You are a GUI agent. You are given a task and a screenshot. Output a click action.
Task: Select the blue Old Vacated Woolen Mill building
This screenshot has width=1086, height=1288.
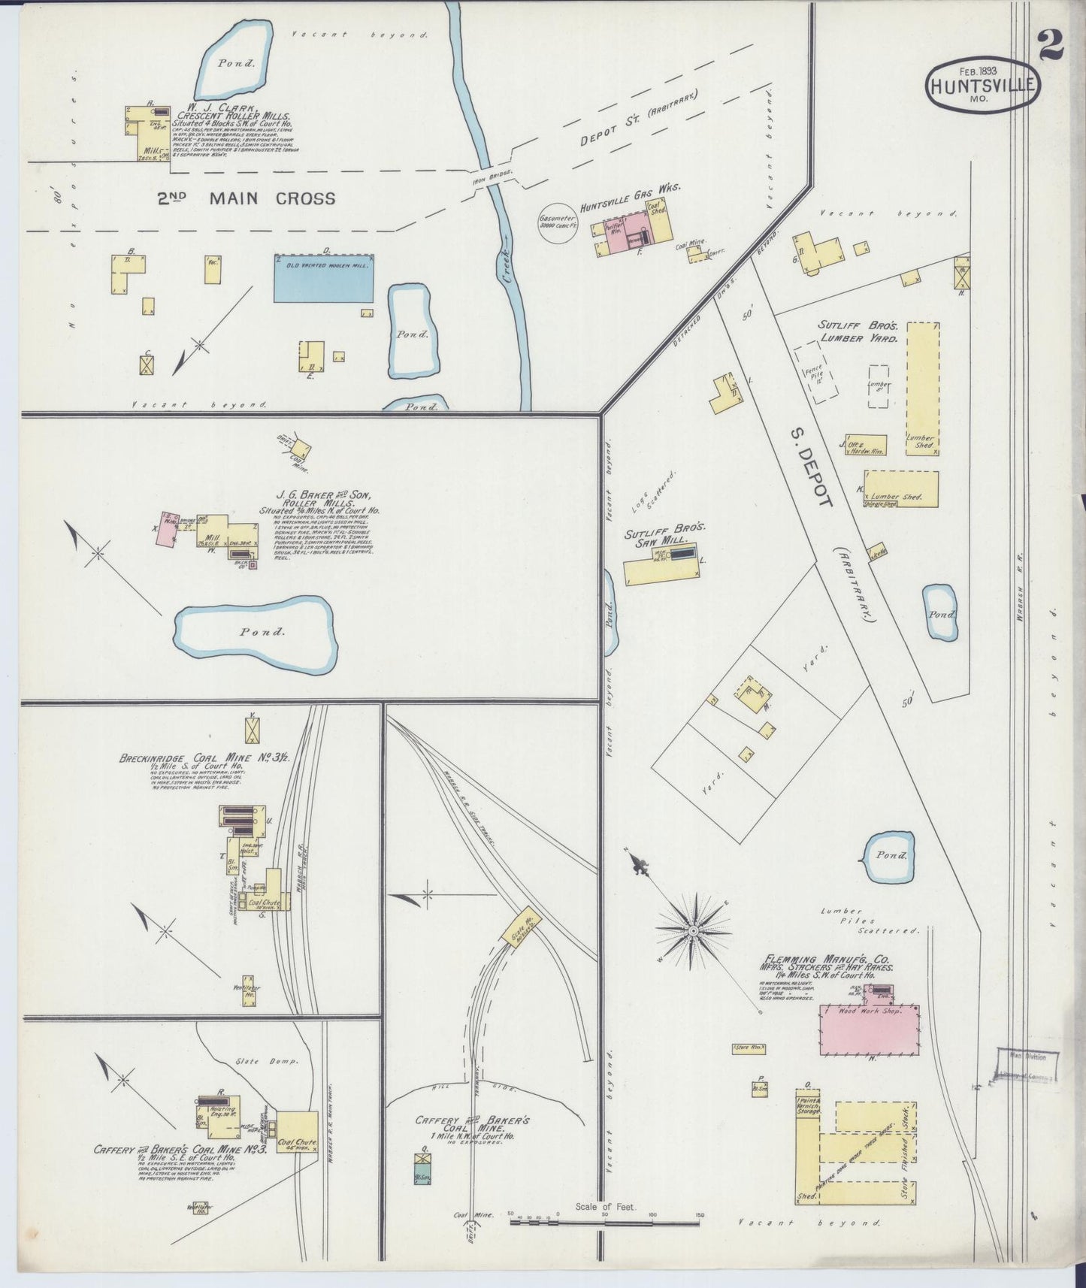pos(324,278)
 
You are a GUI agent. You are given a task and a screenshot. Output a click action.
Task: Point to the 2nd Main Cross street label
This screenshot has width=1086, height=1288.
pos(246,198)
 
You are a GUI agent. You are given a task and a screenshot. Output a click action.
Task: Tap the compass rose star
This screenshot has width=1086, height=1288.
pos(693,931)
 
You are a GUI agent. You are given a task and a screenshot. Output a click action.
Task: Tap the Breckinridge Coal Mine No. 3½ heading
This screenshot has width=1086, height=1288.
pos(195,758)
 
